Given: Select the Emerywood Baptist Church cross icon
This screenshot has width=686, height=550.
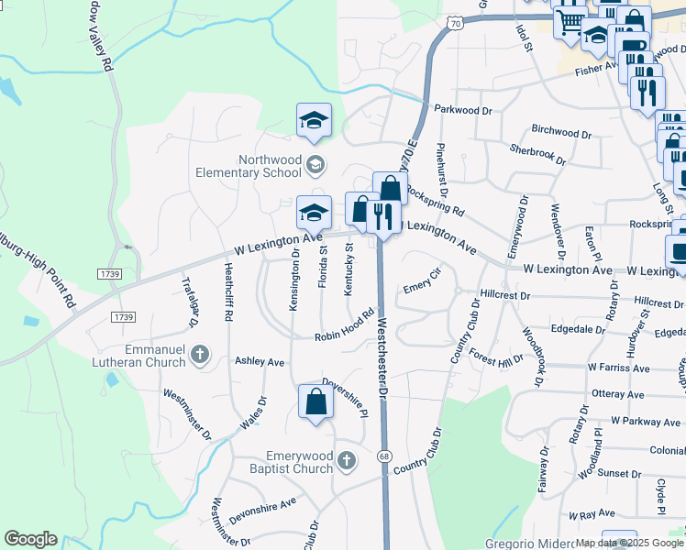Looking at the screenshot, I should point(346,460).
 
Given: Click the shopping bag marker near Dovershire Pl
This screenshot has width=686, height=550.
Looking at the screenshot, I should point(315,402).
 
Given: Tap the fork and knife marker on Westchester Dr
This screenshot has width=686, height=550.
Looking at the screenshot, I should point(382,217).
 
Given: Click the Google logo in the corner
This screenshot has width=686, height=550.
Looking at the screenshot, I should point(30,539).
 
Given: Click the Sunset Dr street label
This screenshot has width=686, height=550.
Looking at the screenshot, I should point(618,474).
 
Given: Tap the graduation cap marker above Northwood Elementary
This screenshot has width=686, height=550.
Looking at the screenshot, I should point(314,121).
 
